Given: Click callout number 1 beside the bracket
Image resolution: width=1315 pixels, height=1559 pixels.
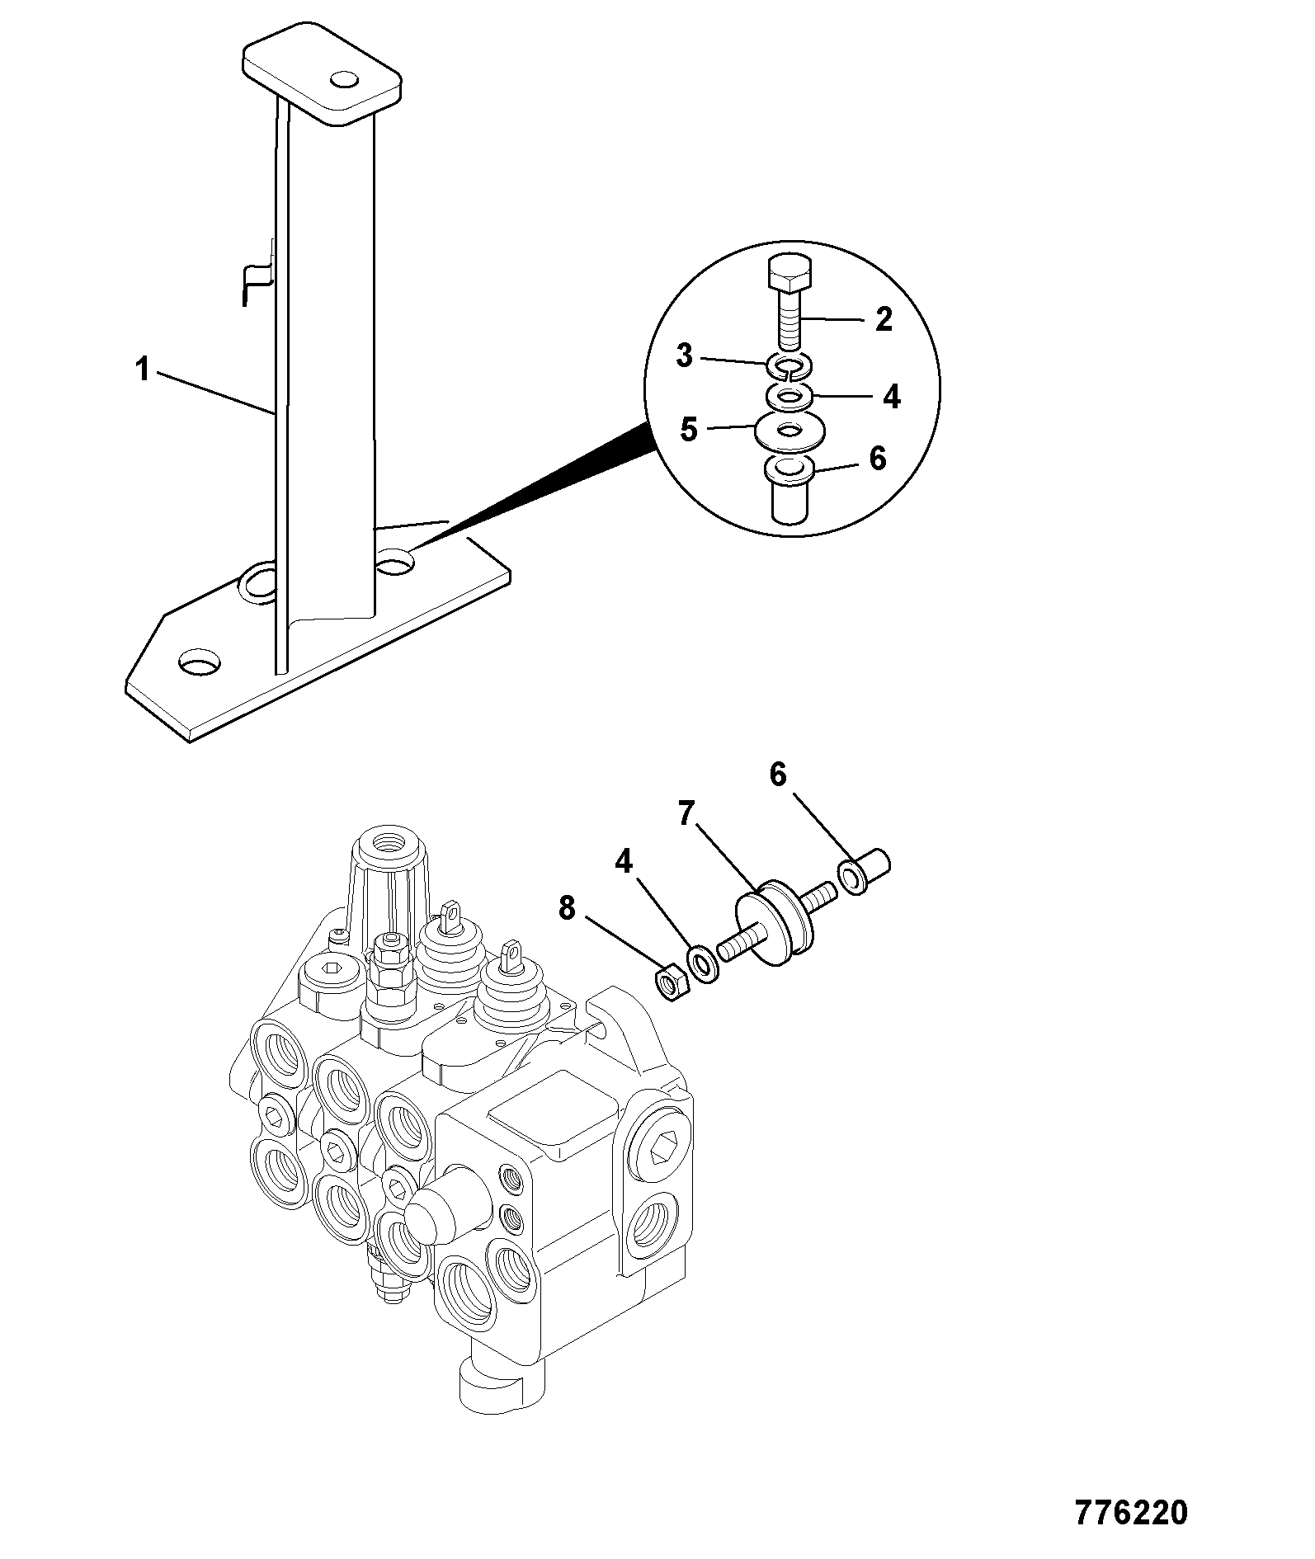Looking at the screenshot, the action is pyautogui.click(x=144, y=370).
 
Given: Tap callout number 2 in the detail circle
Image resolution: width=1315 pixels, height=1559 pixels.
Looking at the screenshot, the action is pyautogui.click(x=884, y=319).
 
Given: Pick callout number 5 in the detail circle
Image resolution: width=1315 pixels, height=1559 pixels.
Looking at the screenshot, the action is pyautogui.click(x=689, y=429).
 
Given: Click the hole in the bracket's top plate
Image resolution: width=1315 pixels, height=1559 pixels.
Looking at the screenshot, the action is pyautogui.click(x=343, y=80).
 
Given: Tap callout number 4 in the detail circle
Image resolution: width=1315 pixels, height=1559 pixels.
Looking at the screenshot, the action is pyautogui.click(x=891, y=397).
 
